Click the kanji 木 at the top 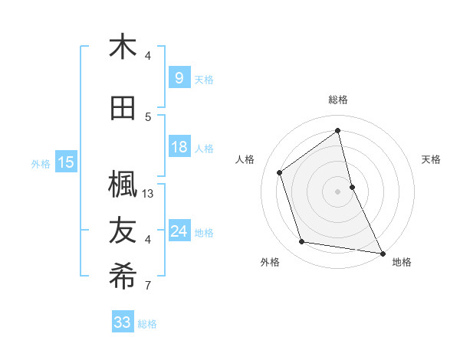point(123,47)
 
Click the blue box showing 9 point(179,78)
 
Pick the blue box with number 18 point(179,147)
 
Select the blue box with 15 point(65,162)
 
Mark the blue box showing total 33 point(122,322)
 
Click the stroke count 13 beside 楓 point(148,194)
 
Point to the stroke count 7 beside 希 point(148,286)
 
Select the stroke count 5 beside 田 point(148,117)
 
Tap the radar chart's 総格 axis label point(338,100)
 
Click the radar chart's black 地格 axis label point(402,262)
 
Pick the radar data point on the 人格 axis point(279,172)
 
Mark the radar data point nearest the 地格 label point(382,253)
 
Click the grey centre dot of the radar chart point(338,191)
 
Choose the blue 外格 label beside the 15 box point(40,163)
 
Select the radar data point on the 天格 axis point(352,187)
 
